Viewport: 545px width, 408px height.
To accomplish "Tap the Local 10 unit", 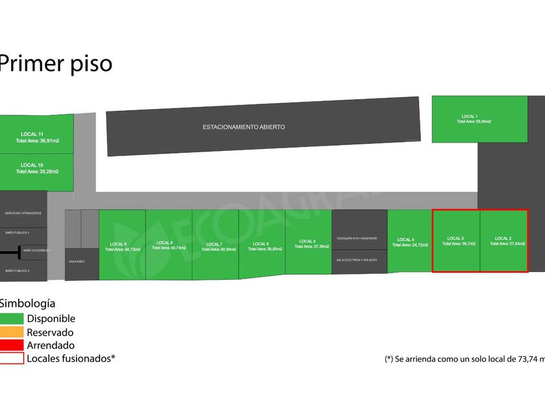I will pyautogui.click(x=36, y=172).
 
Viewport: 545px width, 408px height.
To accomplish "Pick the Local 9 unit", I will pyautogui.click(x=122, y=245).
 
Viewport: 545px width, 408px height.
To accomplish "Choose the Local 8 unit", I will pyautogui.click(x=169, y=245).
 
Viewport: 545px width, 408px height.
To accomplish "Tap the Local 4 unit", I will pyautogui.click(x=409, y=241).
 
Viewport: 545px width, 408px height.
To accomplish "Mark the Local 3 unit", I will pyautogui.click(x=456, y=240).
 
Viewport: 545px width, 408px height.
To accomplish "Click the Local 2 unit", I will pyautogui.click(x=503, y=240).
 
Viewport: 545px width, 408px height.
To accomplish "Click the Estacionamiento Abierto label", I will pyautogui.click(x=243, y=128).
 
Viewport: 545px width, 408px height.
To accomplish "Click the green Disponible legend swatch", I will pyautogui.click(x=12, y=319).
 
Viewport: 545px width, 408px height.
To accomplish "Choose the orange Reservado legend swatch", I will pyautogui.click(x=12, y=332).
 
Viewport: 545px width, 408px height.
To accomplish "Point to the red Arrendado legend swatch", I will pyautogui.click(x=12, y=345).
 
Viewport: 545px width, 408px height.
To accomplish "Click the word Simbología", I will pyautogui.click(x=27, y=303).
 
